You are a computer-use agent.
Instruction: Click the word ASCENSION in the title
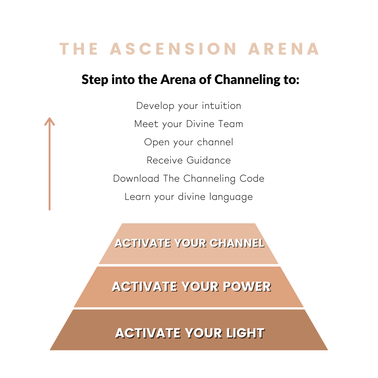coord(174,49)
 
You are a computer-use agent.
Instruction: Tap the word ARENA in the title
coord(284,49)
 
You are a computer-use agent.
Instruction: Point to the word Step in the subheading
coord(95,80)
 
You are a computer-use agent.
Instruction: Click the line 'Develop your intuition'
coord(189,106)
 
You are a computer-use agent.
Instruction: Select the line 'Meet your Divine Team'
coord(189,124)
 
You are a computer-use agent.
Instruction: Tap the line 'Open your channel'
coord(189,142)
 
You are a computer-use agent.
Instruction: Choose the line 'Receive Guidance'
coord(189,160)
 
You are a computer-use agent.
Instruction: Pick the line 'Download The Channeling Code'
coord(189,178)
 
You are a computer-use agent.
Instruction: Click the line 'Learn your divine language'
coord(189,197)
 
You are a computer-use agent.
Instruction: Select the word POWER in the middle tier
coord(247,287)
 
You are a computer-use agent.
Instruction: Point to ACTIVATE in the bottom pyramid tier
coord(146,333)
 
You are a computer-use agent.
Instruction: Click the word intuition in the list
coord(221,106)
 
